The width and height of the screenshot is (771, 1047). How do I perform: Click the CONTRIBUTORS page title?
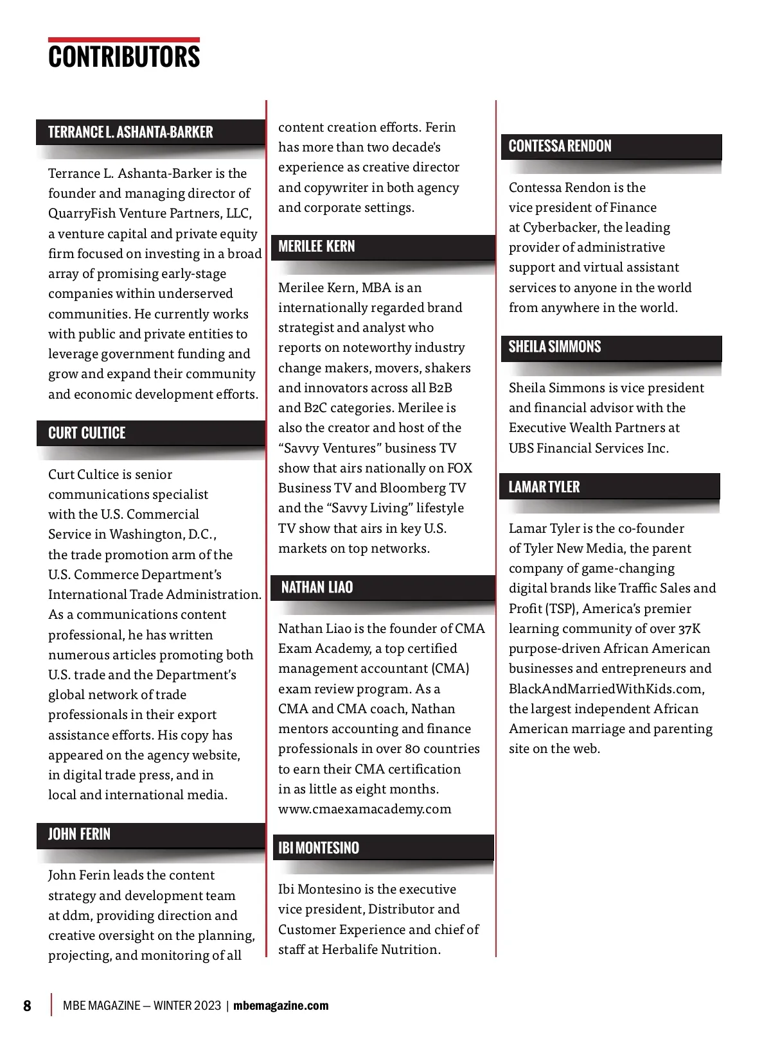(x=124, y=56)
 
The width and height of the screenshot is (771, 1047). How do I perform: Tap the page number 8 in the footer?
(x=27, y=1005)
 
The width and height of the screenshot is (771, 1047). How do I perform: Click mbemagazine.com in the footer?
(x=281, y=1005)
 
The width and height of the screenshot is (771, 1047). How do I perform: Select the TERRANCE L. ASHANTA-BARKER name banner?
(x=130, y=132)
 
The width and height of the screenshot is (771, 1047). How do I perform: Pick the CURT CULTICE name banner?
(x=87, y=433)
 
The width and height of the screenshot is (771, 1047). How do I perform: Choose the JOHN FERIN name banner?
(x=80, y=835)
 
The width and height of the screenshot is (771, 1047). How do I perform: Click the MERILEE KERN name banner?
(x=317, y=247)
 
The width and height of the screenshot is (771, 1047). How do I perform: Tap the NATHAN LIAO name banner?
(x=317, y=587)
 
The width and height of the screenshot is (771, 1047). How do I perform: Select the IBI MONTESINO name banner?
(x=319, y=848)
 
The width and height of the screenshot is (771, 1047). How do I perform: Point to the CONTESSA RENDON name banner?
(x=560, y=146)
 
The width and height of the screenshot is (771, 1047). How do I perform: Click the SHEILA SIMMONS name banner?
(x=555, y=347)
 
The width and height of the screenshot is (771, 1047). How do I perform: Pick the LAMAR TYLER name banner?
(x=544, y=487)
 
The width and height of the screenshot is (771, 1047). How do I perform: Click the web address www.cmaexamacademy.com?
(x=365, y=809)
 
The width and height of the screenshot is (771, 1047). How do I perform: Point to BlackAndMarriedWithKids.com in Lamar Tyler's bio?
(x=606, y=689)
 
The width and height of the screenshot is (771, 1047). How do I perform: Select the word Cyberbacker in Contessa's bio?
(x=561, y=227)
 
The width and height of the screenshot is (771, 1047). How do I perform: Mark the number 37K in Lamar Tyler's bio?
(x=689, y=628)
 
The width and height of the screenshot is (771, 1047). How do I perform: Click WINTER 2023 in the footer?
(x=187, y=1005)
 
